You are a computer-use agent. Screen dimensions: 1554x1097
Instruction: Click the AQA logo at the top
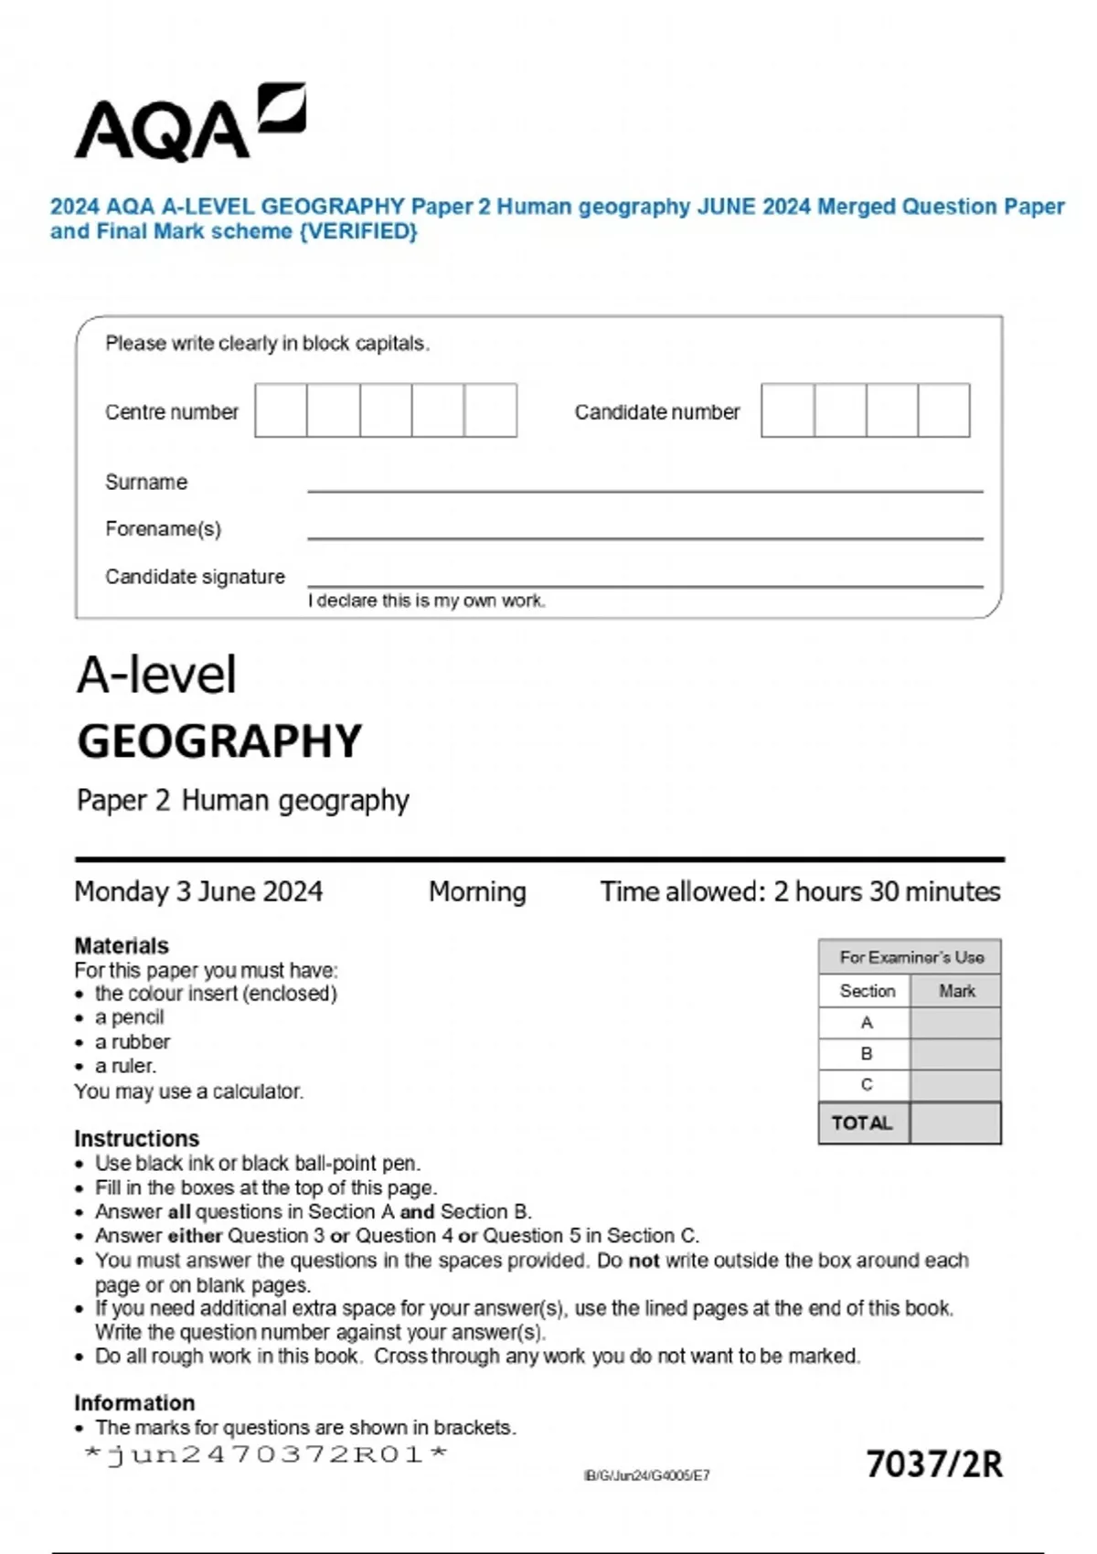tap(189, 123)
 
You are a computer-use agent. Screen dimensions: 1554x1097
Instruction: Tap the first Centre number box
tap(281, 410)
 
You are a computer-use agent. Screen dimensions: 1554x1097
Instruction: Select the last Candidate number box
tap(943, 410)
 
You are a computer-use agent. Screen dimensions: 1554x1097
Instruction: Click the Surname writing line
tap(644, 484)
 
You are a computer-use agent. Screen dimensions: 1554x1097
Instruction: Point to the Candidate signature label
tap(195, 577)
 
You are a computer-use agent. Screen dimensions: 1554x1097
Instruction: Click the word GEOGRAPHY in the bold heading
tap(219, 741)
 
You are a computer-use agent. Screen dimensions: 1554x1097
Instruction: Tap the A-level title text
tap(156, 676)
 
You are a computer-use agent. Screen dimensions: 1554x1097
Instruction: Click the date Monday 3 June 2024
tap(198, 891)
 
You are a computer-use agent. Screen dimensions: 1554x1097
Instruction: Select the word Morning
tap(477, 891)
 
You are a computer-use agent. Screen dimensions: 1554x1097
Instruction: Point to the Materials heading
tap(122, 945)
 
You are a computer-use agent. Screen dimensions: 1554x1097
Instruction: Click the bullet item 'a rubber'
tap(132, 1042)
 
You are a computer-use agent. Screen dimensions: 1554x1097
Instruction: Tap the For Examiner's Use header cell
tap(911, 957)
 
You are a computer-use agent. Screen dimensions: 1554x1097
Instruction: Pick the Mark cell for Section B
tap(955, 1054)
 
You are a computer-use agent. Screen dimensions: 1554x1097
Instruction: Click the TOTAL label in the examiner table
tap(862, 1123)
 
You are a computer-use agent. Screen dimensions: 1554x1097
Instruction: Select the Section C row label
tap(866, 1085)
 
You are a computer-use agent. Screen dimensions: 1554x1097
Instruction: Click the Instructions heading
tap(136, 1138)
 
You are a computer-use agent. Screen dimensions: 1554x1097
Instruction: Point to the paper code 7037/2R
tap(933, 1464)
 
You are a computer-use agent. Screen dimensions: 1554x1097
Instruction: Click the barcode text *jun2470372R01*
tap(265, 1454)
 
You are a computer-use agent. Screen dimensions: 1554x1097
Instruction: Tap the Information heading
tap(134, 1402)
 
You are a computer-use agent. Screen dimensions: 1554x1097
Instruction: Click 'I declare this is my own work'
tap(426, 601)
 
